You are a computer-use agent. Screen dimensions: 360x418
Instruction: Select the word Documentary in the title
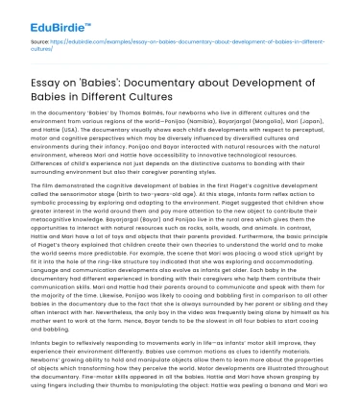coord(169,84)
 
